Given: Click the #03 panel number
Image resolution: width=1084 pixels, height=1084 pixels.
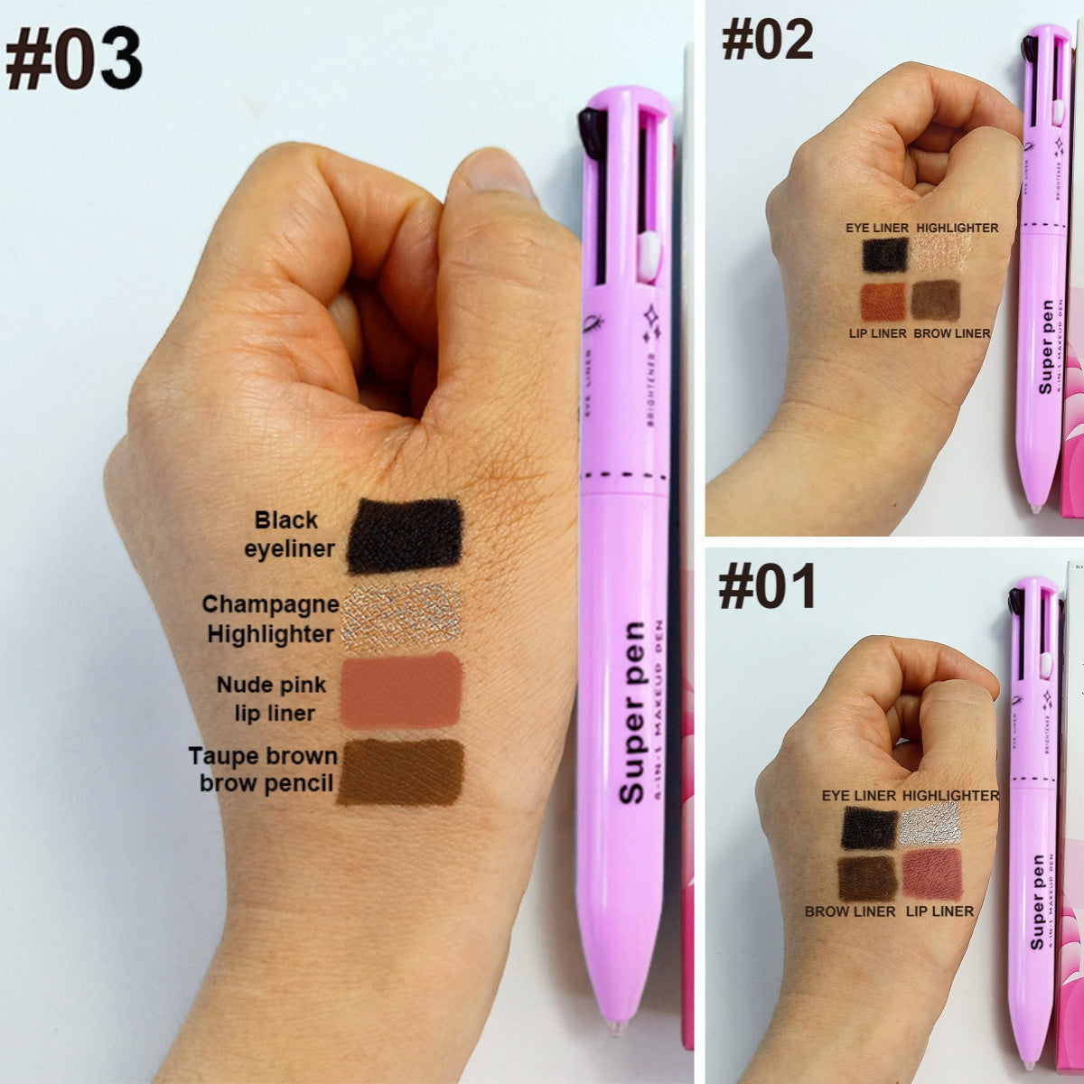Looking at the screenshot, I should (x=73, y=60).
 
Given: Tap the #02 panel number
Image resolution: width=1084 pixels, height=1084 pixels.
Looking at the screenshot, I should (x=767, y=41).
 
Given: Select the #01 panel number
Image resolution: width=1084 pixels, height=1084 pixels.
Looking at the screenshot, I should (x=767, y=587).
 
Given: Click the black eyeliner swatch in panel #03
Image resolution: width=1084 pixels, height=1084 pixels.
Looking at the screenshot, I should (x=404, y=535).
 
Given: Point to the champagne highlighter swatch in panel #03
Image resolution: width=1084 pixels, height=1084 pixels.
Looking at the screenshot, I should (x=403, y=616).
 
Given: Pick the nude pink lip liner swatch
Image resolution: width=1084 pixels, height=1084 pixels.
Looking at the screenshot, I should (x=403, y=690).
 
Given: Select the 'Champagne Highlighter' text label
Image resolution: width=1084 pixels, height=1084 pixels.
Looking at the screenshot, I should (x=270, y=619).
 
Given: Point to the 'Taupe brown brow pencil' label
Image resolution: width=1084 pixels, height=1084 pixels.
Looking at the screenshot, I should (x=263, y=769).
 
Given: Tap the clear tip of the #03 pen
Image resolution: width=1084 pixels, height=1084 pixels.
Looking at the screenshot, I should (x=617, y=1026).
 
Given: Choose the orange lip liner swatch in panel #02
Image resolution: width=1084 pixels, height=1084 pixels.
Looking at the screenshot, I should (x=883, y=302).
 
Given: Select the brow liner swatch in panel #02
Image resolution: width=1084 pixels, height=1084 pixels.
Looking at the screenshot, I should (x=935, y=301).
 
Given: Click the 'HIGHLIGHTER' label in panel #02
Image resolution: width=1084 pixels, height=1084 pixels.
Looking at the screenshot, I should (x=958, y=228).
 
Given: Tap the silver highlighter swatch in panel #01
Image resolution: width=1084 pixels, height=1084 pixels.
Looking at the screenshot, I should (x=930, y=824).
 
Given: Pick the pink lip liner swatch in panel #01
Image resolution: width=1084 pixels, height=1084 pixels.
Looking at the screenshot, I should (x=931, y=874).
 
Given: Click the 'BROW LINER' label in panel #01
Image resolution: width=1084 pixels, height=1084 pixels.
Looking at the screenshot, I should (x=850, y=911).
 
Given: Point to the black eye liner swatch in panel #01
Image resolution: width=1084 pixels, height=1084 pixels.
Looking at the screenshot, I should (x=869, y=827).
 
